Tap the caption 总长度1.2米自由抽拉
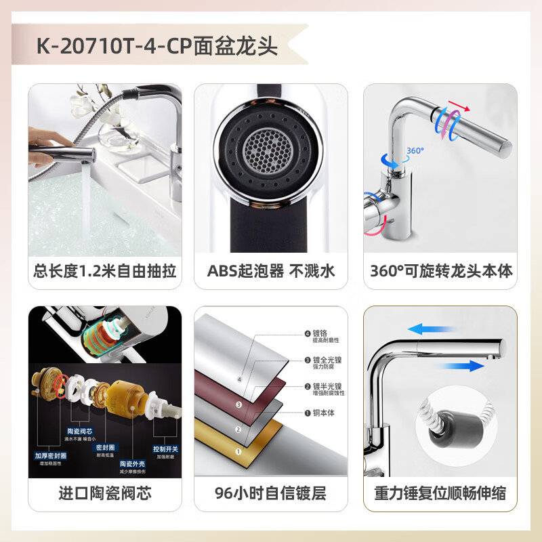coord(105,272)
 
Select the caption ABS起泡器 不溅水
coord(271,272)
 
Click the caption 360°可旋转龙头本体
coord(441,272)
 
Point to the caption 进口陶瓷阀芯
coord(105,493)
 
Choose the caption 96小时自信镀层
coord(271,493)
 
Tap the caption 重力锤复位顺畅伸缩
coord(440,493)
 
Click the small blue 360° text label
coord(415,150)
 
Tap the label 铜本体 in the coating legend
coord(321,413)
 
